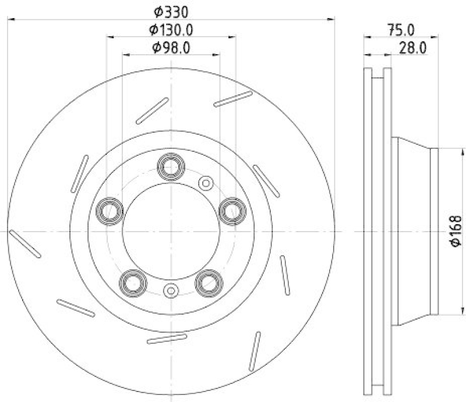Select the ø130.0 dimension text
coord(171,29)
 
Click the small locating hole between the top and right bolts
coord(206,183)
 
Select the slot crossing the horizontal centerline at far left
coord(24,243)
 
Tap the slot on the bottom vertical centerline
coord(167,339)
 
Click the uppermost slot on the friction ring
coord(232,99)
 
